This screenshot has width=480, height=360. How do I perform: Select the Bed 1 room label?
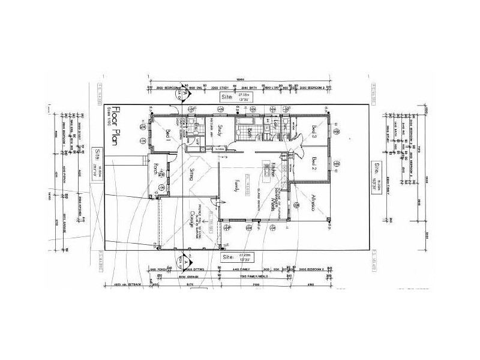coord(168,134)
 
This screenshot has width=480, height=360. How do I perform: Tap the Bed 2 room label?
coord(314,163)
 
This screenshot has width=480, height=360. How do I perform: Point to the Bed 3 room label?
coord(314,130)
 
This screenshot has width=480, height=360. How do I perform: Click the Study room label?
coord(221,130)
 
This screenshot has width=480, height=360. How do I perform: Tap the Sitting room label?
coord(191,175)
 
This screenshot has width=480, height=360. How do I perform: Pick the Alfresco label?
coord(314,202)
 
